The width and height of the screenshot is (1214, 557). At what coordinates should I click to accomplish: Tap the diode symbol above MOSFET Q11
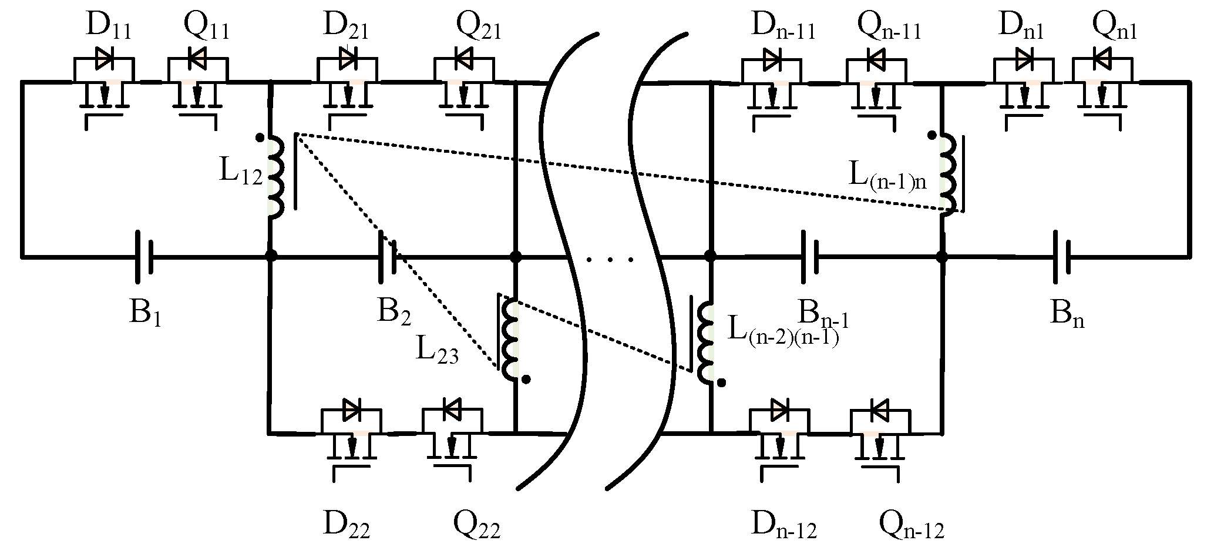coord(197,58)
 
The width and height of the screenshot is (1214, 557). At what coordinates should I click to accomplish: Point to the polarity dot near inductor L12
coord(260,138)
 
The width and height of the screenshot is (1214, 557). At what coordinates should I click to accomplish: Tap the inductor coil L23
coord(509,338)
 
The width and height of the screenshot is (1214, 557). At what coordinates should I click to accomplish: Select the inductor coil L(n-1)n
coord(946,175)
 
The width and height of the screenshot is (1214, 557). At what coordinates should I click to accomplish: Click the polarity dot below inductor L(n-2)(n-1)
coord(722,382)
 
